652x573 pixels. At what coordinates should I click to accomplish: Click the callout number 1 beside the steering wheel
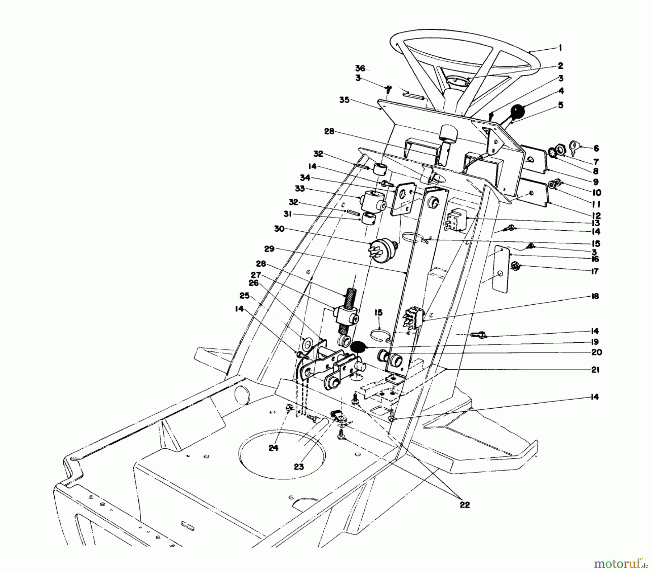click(560, 48)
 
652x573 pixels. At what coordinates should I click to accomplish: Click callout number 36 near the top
click(360, 68)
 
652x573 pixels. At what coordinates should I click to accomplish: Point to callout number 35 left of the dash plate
click(344, 100)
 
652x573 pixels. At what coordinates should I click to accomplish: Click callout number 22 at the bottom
click(465, 505)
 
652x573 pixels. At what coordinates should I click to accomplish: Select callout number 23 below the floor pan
click(298, 467)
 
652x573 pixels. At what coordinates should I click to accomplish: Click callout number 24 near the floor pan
click(273, 448)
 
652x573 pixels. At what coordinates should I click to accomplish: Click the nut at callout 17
click(514, 267)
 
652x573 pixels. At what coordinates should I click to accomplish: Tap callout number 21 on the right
click(595, 370)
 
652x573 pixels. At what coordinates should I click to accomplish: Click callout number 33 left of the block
click(300, 189)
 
